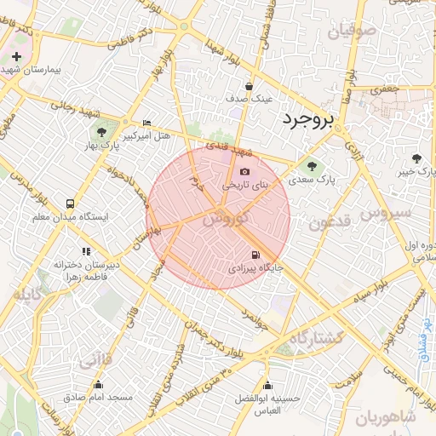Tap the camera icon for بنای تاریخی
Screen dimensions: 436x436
245,172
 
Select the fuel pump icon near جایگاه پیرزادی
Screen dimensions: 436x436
255,255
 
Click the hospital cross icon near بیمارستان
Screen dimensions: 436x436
16,56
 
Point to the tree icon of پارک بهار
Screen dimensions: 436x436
101,132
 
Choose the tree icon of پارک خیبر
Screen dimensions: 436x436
416,158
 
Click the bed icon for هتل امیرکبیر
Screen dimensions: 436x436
147,123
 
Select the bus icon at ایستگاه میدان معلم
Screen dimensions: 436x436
70,204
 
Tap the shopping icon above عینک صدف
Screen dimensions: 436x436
249,86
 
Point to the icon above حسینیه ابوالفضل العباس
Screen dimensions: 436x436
268,385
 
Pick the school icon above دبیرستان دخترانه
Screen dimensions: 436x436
85,251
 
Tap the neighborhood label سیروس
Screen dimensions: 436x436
386,212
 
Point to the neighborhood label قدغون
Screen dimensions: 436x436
324,225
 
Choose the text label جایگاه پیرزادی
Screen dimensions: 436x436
249,268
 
